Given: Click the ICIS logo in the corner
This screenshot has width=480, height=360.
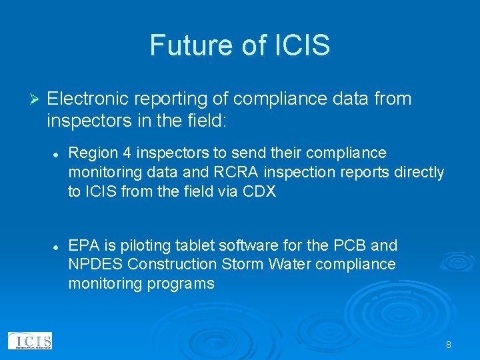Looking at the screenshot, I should click(x=29, y=341).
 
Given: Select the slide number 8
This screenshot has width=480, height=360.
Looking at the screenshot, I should click(x=449, y=345).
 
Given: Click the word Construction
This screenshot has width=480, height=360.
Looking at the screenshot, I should click(x=172, y=264).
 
